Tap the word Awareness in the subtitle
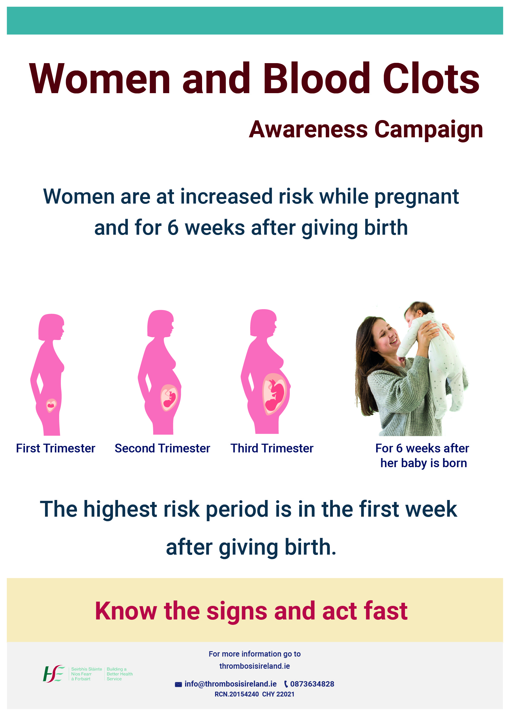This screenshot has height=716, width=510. pos(308,129)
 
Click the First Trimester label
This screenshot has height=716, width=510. pos(55,448)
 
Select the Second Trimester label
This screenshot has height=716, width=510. pos(162,448)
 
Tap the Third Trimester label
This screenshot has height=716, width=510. pos(272,448)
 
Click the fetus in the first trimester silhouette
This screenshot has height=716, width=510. pos(51,405)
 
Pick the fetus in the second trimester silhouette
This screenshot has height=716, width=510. pos(170,398)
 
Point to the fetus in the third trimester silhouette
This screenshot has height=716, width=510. pos(275,394)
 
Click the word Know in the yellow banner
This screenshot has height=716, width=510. pos(126,611)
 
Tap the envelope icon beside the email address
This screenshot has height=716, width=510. pos(178,684)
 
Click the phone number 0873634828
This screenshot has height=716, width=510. pos(312,684)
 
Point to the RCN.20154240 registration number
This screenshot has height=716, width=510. pos(237,694)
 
